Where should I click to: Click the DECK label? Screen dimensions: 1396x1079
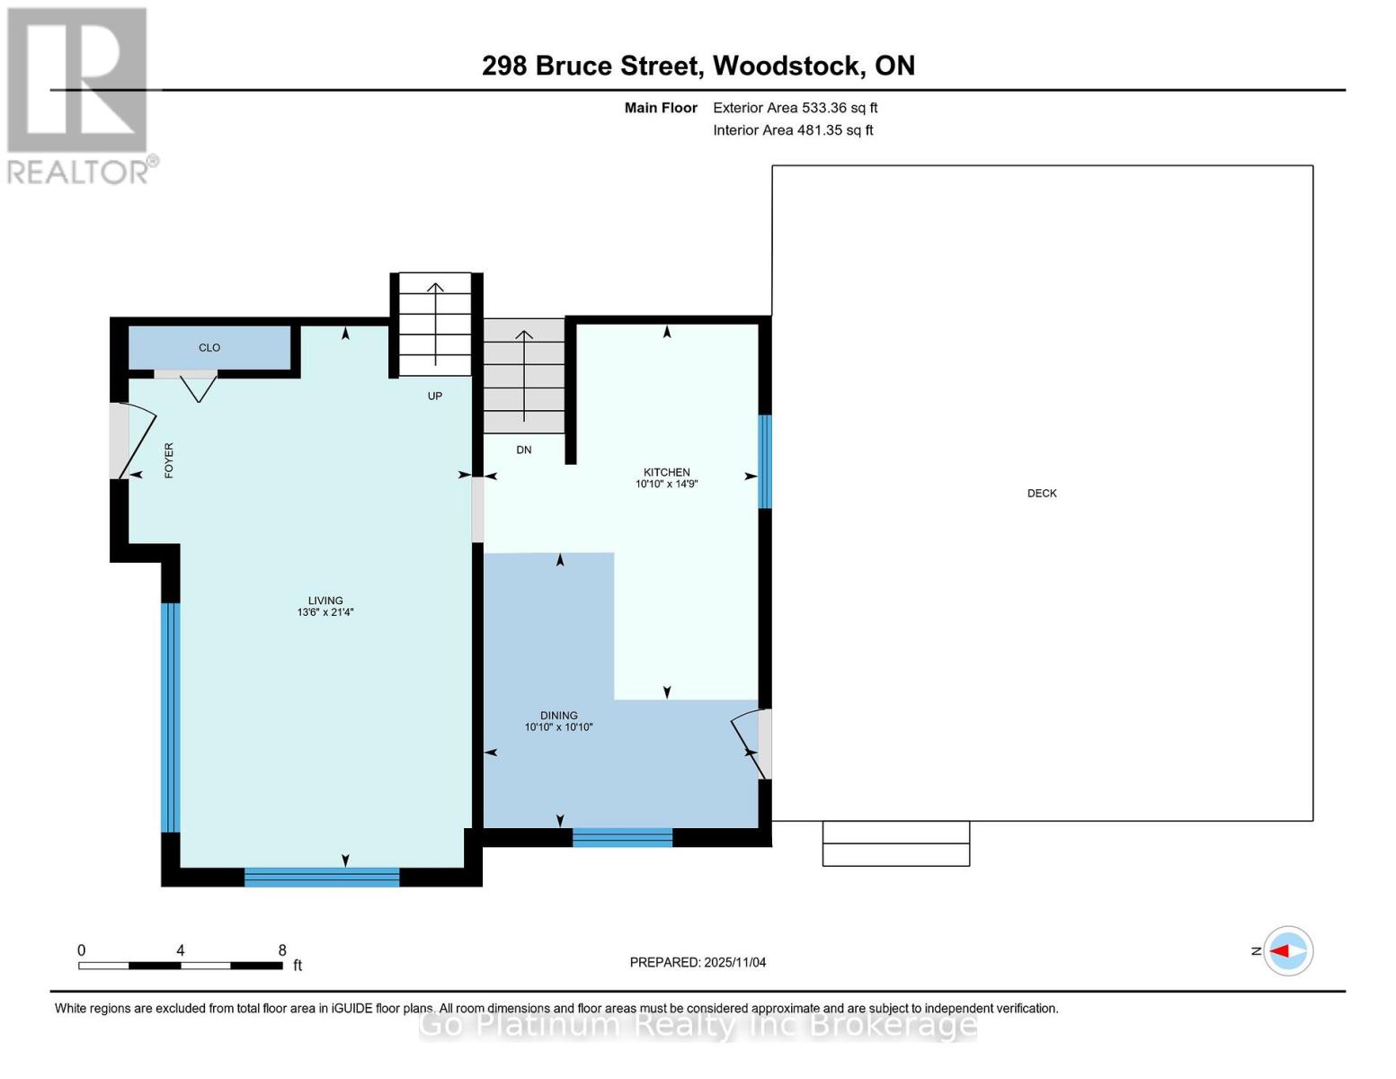coord(1041,493)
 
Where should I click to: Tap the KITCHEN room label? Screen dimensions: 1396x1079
coord(666,472)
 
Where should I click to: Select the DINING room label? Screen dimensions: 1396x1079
coord(558,715)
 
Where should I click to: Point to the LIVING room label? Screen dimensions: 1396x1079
coord(325,601)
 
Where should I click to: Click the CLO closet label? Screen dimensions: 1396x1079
coord(209,348)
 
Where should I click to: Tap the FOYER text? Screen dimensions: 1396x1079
coord(169,460)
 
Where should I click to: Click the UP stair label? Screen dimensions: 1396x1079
coord(435,396)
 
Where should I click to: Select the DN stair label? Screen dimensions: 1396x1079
coord(523,450)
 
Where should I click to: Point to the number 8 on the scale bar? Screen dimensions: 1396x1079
coord(282,950)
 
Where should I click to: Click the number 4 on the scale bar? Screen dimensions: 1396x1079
coord(181,950)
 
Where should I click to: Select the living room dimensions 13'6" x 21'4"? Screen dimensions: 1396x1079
coord(325,612)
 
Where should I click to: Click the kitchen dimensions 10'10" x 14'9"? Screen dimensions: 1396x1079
coord(666,484)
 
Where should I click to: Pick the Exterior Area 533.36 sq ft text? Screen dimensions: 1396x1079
coord(796,108)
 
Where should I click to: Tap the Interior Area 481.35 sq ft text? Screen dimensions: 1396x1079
coord(793,129)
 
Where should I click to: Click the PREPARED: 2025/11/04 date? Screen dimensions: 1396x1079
coord(698,962)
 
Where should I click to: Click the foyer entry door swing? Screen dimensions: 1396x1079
coord(138,441)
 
